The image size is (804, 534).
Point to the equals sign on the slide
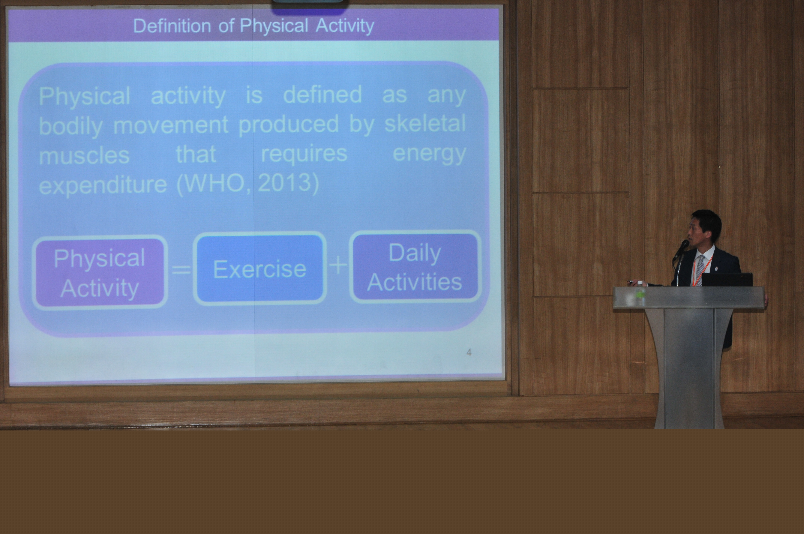181,270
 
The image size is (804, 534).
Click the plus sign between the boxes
338,265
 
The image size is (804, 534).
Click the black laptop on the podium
727,280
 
